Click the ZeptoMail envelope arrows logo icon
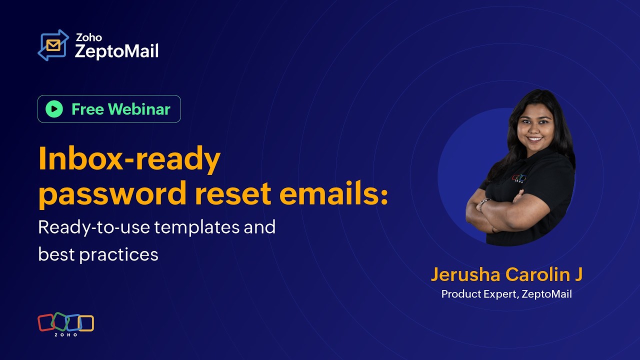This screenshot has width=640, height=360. coord(53,45)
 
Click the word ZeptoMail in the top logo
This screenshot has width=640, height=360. coord(116,51)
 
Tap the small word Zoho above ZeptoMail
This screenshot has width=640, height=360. coord(88,37)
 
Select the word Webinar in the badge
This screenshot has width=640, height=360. coord(139,109)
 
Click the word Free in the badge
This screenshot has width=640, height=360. coord(88,109)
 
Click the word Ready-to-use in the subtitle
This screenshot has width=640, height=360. coord(94,227)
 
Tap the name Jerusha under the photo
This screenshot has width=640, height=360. coord(465,274)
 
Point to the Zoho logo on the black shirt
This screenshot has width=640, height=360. coord(518,178)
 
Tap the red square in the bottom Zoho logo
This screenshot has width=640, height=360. coord(46,322)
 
